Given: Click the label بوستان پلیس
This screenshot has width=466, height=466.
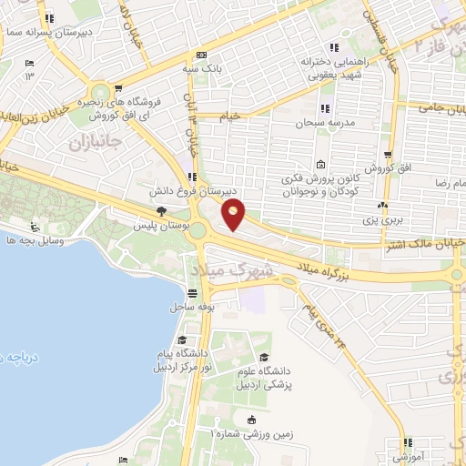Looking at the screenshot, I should [x=154, y=223].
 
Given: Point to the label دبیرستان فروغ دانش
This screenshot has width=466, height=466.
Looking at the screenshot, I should [x=191, y=192].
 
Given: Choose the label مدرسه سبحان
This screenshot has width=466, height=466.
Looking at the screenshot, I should [x=318, y=121].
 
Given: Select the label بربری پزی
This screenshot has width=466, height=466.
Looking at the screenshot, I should [x=382, y=219].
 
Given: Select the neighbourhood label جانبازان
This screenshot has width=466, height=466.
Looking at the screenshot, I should [x=93, y=143].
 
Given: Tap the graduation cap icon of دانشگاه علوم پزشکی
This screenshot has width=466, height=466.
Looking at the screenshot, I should [x=264, y=358].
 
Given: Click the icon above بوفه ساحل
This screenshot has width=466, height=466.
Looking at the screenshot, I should [x=193, y=294].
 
